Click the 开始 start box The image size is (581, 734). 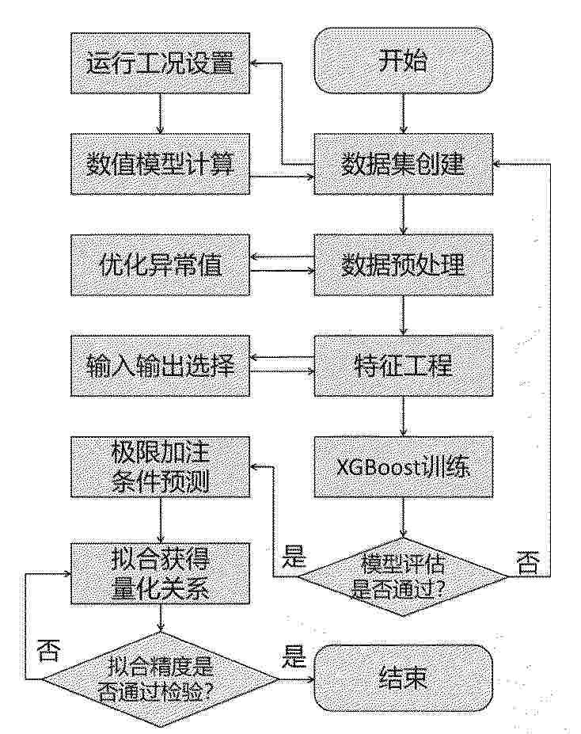[403, 60]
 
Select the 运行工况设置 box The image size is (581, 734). [160, 63]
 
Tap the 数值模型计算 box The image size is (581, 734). [160, 164]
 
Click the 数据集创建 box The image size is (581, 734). [403, 164]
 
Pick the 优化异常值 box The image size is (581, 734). [160, 265]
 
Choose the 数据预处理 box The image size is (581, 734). [403, 265]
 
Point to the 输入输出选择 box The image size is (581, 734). [160, 366]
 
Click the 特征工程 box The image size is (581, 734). [403, 366]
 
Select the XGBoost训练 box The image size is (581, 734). [403, 466]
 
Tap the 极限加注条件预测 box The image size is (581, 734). [160, 466]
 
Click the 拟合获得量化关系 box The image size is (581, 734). [160, 573]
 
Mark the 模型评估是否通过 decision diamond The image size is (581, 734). [403, 576]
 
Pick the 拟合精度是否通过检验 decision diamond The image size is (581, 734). [160, 679]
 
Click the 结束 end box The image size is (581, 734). [403, 679]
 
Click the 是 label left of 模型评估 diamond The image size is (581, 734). [294, 556]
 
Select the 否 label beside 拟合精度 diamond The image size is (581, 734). [49, 649]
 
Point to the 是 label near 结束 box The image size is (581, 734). [294, 656]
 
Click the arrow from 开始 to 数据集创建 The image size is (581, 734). [404, 114]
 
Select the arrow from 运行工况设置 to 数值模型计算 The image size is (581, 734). [161, 114]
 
